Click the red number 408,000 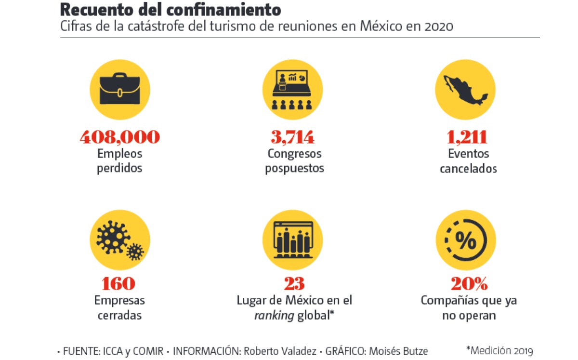(119, 137)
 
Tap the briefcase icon (119, 90)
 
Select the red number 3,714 (292, 137)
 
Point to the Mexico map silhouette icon (465, 90)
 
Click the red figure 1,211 (467, 137)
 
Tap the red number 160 (119, 283)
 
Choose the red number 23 (294, 283)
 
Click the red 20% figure (469, 283)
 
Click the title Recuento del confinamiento (171, 10)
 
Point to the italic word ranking (274, 316)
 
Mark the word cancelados (468, 169)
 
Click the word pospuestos (294, 169)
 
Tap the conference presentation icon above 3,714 (292, 90)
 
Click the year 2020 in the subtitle (439, 26)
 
